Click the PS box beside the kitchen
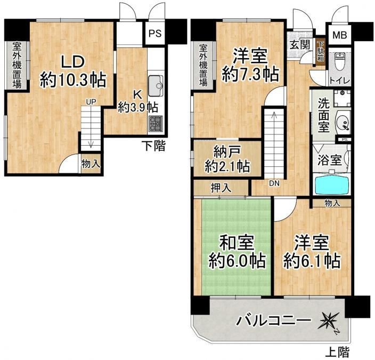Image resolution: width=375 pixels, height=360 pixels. pyautogui.click(x=155, y=33)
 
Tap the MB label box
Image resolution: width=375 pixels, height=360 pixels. pyautogui.click(x=340, y=35)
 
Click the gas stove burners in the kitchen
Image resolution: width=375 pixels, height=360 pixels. pyautogui.click(x=156, y=124)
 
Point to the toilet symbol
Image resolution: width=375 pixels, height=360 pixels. pyautogui.click(x=339, y=61)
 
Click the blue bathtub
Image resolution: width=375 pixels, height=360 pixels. pyautogui.click(x=332, y=185)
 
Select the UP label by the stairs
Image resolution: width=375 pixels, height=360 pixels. pyautogui.click(x=91, y=102)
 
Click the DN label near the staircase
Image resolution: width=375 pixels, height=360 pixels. pyautogui.click(x=274, y=183)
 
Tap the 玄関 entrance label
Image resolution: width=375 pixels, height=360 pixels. pyautogui.click(x=300, y=44)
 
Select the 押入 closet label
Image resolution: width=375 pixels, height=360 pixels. pyautogui.click(x=221, y=188)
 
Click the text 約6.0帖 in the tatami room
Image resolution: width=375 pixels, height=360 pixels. pyautogui.click(x=237, y=260)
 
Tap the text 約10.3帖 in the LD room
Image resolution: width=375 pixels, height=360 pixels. pyautogui.click(x=73, y=79)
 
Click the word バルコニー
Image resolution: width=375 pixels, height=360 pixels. pyautogui.click(x=274, y=321)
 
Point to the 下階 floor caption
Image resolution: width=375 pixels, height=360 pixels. pyautogui.click(x=153, y=146)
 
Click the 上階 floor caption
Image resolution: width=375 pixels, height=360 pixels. pyautogui.click(x=338, y=352)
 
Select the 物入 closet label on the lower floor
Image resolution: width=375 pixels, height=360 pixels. pyautogui.click(x=91, y=164)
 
